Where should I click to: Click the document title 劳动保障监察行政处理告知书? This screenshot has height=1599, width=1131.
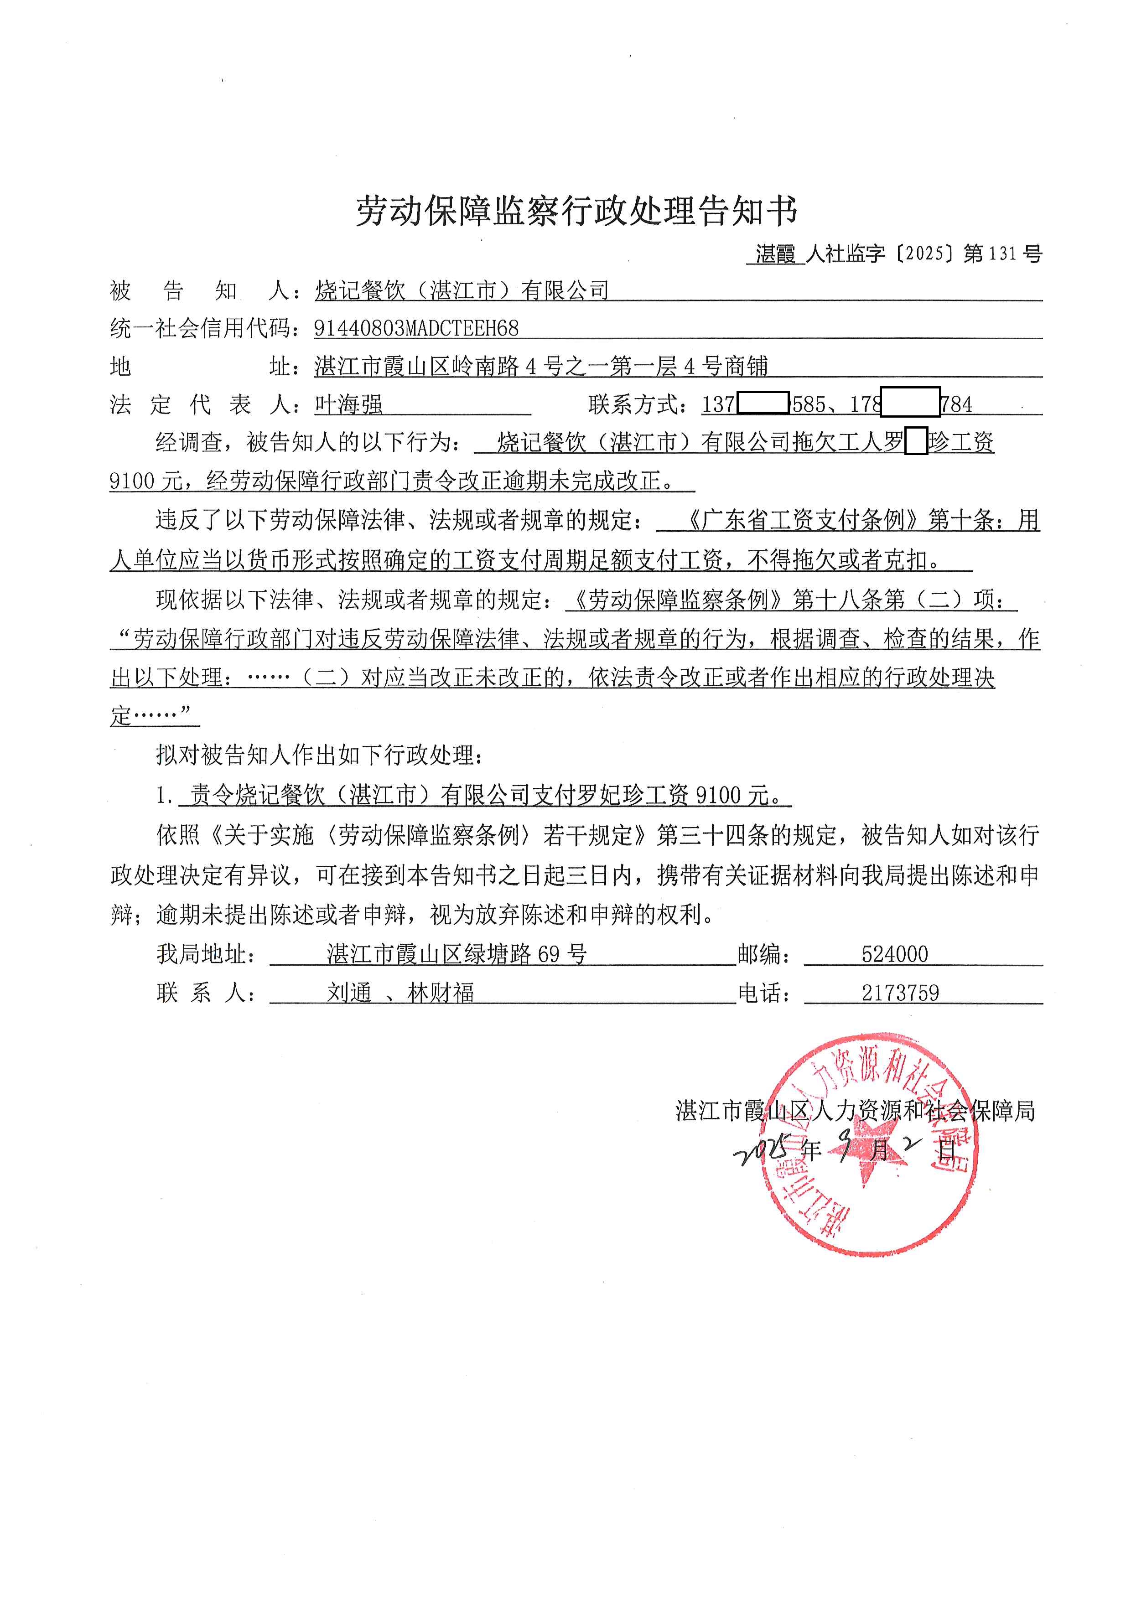(576, 211)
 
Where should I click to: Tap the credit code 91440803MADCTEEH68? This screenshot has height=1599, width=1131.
(416, 328)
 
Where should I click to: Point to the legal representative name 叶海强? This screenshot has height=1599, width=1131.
(348, 404)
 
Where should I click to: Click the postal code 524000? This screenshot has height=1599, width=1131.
(894, 954)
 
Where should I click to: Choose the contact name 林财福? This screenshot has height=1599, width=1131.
(441, 993)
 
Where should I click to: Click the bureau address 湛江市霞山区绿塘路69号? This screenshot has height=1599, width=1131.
(457, 954)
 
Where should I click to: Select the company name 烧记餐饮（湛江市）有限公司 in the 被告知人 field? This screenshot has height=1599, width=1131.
(462, 290)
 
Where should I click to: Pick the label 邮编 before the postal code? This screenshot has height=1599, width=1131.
(764, 954)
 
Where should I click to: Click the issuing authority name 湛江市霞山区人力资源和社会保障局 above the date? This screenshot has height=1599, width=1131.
(855, 1111)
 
